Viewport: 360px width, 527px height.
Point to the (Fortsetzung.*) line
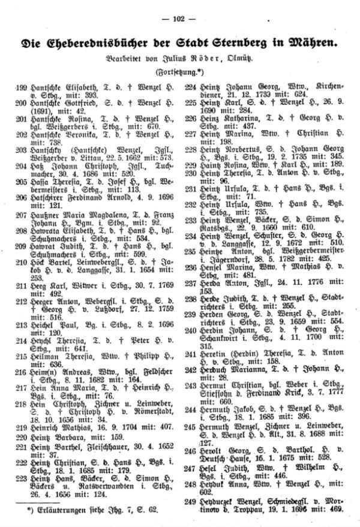point(179,72)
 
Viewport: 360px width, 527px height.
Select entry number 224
point(189,86)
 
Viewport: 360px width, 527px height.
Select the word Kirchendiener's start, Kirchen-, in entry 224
point(325,86)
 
